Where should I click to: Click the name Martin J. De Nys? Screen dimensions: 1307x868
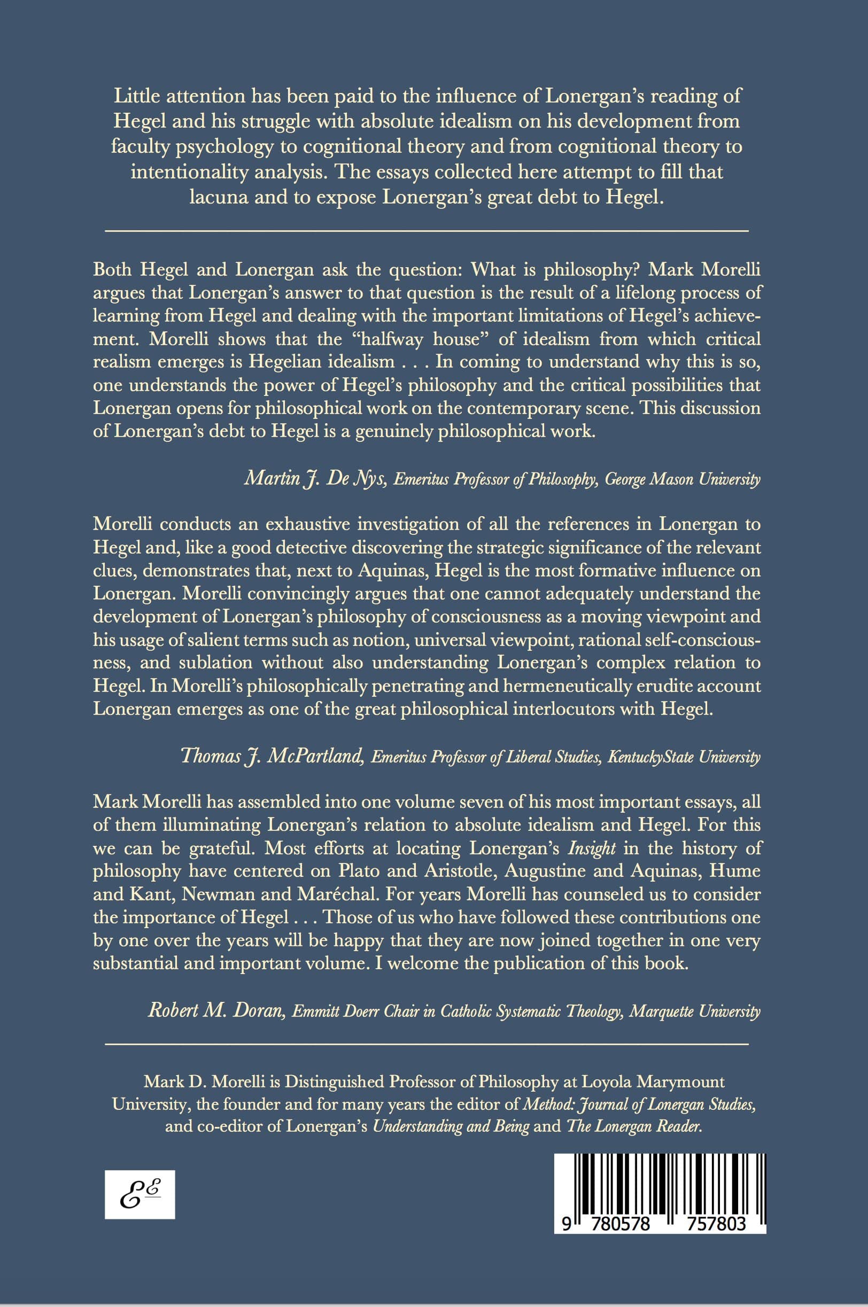314,479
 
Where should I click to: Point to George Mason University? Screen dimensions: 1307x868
682,479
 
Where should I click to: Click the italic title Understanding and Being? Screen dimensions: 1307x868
451,1126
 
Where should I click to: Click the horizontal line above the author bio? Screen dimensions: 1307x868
427,1044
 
